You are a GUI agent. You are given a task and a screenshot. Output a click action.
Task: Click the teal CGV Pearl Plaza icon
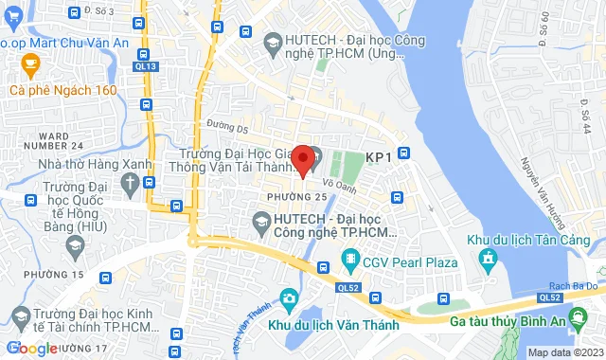point(350,259)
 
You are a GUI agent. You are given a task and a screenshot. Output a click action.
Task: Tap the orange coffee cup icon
point(29,65)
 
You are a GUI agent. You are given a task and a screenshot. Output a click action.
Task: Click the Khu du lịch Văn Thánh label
point(331,325)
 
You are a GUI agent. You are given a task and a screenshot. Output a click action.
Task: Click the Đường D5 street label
point(227,127)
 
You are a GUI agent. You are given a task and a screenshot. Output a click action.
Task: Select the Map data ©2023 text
point(563,352)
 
